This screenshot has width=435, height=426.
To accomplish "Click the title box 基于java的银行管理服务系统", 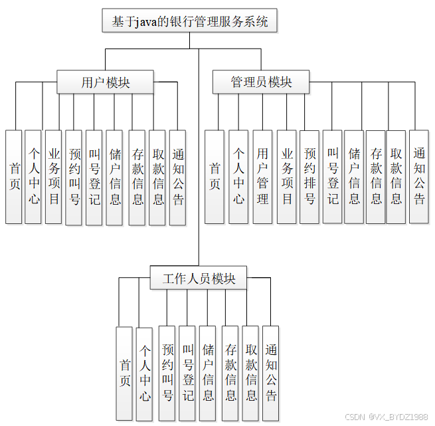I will pyautogui.click(x=189, y=21).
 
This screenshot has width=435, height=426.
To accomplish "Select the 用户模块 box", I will pyautogui.click(x=105, y=82).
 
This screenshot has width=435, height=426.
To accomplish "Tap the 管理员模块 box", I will pyautogui.click(x=261, y=82).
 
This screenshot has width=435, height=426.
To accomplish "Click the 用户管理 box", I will pyautogui.click(x=262, y=177).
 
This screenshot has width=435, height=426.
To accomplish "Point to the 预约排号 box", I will pyautogui.click(x=309, y=177).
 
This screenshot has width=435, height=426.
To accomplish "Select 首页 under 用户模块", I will pyautogui.click(x=14, y=177).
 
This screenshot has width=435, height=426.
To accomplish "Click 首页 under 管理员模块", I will pyautogui.click(x=214, y=177).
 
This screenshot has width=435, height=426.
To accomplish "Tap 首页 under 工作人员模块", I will pyautogui.click(x=124, y=373).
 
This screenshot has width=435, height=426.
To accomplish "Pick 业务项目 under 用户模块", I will pyautogui.click(x=54, y=177).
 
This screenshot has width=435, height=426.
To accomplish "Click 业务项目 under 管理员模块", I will pyautogui.click(x=286, y=177).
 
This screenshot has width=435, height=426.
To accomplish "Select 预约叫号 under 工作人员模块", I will pyautogui.click(x=167, y=373).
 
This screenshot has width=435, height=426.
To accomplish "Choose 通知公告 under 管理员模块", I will pyautogui.click(x=418, y=177).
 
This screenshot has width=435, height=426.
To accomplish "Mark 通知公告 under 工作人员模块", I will pyautogui.click(x=270, y=373).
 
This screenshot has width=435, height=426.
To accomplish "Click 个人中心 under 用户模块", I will pyautogui.click(x=33, y=177).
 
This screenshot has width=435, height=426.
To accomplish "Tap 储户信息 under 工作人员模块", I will pyautogui.click(x=208, y=373).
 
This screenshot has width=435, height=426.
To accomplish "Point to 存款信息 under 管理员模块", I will pyautogui.click(x=376, y=177).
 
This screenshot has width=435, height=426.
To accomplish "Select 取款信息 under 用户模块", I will pyautogui.click(x=157, y=177).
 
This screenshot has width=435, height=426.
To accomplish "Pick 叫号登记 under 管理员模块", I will pyautogui.click(x=333, y=177).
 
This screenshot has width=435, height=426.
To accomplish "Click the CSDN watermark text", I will pyautogui.click(x=387, y=417).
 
